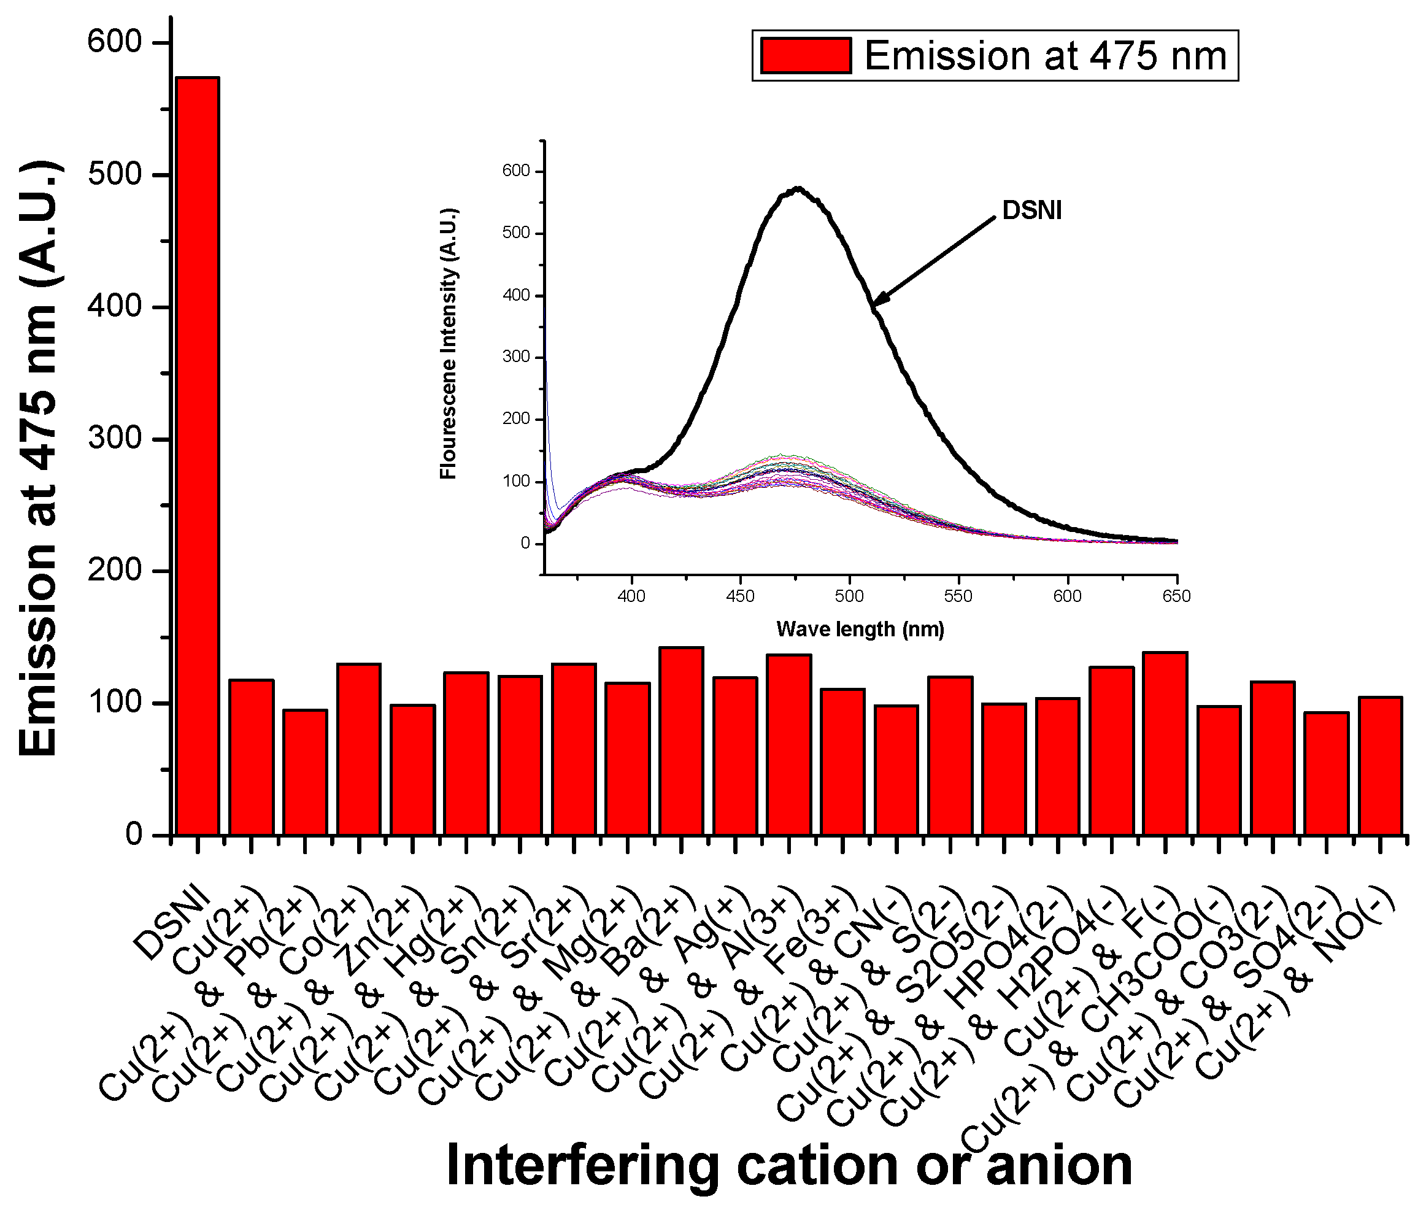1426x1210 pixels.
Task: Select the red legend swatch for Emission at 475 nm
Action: [805, 56]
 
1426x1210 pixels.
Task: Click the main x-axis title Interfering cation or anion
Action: [789, 1165]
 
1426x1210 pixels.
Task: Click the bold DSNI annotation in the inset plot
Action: [1031, 210]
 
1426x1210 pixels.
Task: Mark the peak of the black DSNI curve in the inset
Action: [798, 188]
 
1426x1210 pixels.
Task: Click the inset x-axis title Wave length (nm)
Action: [860, 629]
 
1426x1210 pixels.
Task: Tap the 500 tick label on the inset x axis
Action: [849, 596]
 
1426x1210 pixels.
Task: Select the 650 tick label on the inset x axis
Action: [1176, 596]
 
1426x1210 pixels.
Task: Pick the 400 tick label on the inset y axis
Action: [516, 295]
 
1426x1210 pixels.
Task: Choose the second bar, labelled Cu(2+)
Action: [251, 757]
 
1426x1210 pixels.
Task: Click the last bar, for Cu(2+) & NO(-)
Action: [1379, 766]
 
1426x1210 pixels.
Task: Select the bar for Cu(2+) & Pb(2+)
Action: [305, 772]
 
